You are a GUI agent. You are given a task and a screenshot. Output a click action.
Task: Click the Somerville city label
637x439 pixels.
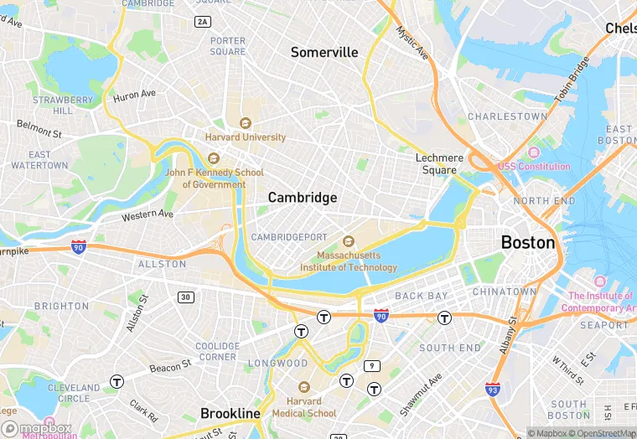pos(324,52)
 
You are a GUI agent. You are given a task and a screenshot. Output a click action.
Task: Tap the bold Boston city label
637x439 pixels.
pos(528,243)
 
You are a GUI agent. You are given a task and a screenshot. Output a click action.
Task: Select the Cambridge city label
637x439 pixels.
pos(303,198)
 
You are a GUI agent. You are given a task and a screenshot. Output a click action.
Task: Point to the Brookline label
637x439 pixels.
pos(230,413)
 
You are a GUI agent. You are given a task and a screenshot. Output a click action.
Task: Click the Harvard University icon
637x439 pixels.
pos(246,123)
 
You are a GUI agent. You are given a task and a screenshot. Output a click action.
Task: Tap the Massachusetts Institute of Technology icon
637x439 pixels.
pos(349,241)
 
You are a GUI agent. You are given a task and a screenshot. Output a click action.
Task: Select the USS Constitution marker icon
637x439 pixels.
pos(534,152)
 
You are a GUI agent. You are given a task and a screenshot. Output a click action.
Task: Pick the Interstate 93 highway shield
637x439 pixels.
pos(494,389)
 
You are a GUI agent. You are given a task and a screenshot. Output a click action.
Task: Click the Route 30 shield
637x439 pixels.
pos(185,297)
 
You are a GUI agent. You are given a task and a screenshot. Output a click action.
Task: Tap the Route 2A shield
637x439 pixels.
pos(202,21)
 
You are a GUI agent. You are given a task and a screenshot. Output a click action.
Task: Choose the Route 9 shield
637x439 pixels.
pos(372,365)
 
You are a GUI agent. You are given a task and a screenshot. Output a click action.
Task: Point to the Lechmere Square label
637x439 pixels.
pos(438,163)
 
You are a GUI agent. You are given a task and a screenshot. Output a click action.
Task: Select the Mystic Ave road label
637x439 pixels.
pos(412,44)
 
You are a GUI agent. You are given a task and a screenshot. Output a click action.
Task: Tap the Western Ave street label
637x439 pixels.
pos(148,216)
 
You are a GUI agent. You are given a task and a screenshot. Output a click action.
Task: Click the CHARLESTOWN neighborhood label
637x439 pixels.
pos(507,116)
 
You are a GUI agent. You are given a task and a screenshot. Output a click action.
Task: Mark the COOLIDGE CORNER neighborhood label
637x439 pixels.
pos(217,351)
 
